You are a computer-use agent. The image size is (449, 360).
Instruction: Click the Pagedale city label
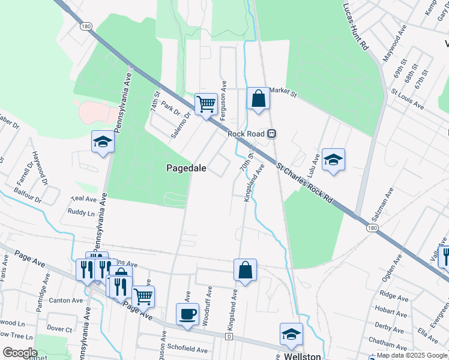tap(186, 169)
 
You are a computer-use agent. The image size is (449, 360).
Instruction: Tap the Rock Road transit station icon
tap(272, 133)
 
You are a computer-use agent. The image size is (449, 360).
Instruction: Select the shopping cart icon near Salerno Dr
tap(206, 104)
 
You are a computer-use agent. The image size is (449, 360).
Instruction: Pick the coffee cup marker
tap(187, 314)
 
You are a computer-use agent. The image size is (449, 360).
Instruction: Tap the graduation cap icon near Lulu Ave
tap(333, 160)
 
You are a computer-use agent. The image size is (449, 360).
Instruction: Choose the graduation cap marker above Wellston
tap(292, 334)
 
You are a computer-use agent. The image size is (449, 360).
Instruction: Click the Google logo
tap(19, 352)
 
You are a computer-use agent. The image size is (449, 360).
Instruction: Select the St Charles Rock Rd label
tap(305, 181)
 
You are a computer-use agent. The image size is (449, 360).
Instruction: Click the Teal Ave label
tap(83, 199)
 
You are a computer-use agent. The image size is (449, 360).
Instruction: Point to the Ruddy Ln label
tap(81, 212)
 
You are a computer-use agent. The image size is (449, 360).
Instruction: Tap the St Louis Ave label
tap(408, 100)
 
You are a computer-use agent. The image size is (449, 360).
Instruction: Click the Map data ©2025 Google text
tap(412, 355)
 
